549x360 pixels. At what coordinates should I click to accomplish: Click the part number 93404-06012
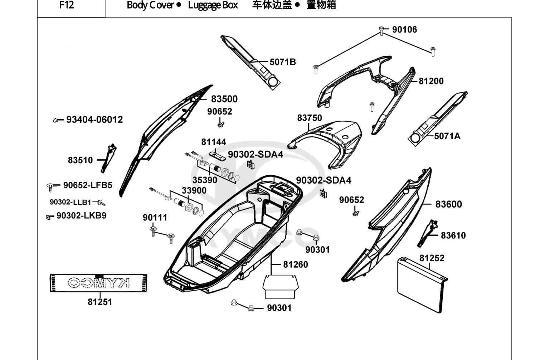(x=94, y=120)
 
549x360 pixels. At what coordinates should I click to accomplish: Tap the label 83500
(x=224, y=99)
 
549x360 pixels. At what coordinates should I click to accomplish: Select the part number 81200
(x=431, y=81)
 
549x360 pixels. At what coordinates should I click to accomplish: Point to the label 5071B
(x=283, y=62)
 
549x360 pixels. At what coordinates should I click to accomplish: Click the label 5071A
(x=447, y=136)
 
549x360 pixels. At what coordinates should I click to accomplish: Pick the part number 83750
(x=310, y=118)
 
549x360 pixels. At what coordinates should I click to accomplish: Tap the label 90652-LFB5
(x=88, y=185)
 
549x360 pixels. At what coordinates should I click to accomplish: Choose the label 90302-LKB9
(x=81, y=215)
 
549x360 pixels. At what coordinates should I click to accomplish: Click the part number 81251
(x=100, y=302)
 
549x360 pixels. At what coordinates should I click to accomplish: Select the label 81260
(x=296, y=264)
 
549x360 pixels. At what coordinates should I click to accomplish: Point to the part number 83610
(x=453, y=235)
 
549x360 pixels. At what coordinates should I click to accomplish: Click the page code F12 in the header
(x=67, y=5)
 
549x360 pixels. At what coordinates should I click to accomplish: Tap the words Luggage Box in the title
(x=213, y=5)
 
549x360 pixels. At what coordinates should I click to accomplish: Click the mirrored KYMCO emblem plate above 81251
(x=98, y=283)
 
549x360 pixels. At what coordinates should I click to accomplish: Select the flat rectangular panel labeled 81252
(x=422, y=285)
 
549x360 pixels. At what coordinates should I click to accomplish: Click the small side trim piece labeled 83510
(x=108, y=158)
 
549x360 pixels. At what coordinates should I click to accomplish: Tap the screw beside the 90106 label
(x=382, y=31)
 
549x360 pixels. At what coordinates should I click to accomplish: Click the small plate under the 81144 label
(x=217, y=156)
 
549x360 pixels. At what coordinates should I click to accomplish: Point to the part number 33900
(x=194, y=190)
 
